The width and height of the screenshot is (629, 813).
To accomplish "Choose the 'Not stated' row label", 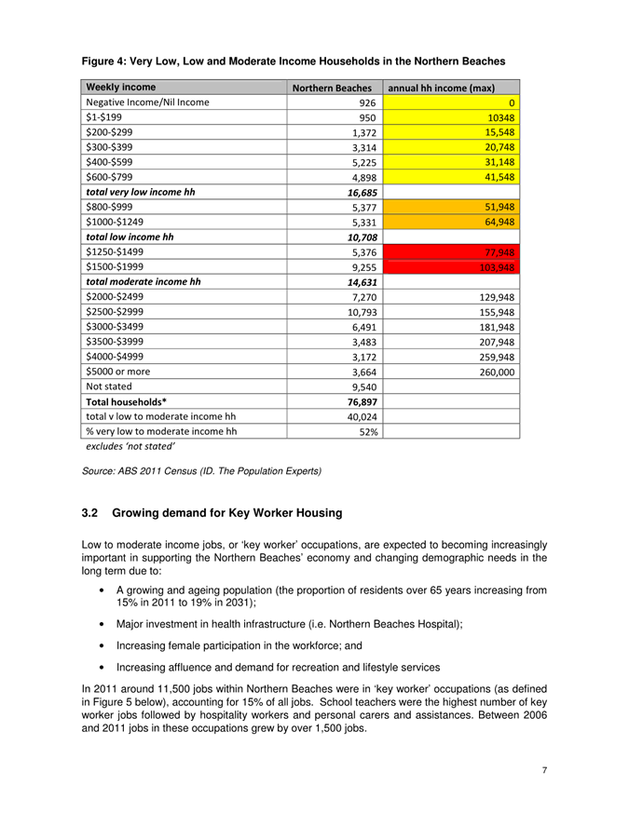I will coord(110,384).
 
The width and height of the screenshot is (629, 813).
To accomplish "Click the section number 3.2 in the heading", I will coord(90,513).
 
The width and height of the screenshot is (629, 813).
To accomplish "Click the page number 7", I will coord(545,769).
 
